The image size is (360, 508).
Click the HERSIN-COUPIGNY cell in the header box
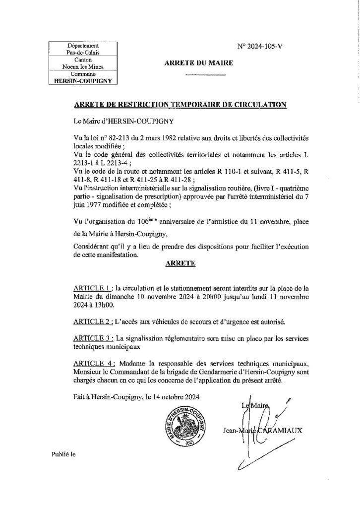tap(82, 78)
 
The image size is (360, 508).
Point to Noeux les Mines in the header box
tap(82, 65)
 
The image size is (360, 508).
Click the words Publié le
tap(61, 454)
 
